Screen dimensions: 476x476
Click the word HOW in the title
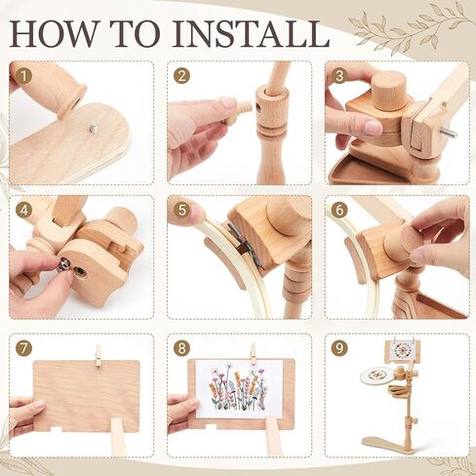pos(53,33)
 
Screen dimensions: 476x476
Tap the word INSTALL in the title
pos(251,33)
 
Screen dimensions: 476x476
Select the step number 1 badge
pos(23,76)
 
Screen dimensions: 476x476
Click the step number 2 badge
pos(181,76)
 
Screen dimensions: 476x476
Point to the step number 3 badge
pos(339,76)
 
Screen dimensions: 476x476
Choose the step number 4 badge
pos(23,211)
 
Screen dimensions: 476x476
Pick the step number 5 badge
pos(181,211)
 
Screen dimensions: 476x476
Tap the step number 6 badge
pos(339,211)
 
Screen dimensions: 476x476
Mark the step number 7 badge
pos(23,348)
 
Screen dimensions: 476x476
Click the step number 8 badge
pos(181,348)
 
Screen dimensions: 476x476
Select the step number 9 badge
pos(339,348)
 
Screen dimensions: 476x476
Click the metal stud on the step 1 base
pos(94,128)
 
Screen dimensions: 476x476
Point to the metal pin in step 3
pos(449,133)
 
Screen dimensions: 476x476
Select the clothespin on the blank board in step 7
pos(99,356)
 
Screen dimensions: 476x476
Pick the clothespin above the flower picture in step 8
pos(254,354)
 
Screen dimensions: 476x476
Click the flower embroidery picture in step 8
pos(239,389)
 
